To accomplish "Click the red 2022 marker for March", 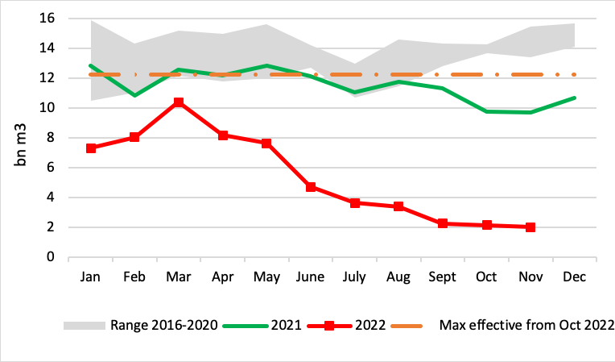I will click(x=179, y=102).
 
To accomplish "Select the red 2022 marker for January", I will click(x=91, y=148).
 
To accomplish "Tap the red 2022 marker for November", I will click(x=530, y=227).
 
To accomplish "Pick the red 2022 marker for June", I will click(x=311, y=187).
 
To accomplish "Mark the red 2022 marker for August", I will click(x=398, y=206).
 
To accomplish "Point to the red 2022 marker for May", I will click(x=266, y=144).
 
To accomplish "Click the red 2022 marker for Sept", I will click(x=443, y=223).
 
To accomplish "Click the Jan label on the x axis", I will click(x=91, y=277).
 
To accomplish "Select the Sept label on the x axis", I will click(x=443, y=277).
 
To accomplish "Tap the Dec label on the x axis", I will click(x=574, y=277).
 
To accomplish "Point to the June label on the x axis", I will click(x=311, y=277).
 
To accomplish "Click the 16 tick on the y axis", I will click(x=47, y=19).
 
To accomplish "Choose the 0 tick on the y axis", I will click(x=51, y=257).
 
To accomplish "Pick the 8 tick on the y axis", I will click(x=51, y=138).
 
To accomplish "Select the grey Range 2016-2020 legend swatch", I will click(x=84, y=326).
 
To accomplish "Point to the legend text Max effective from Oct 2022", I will click(x=527, y=326).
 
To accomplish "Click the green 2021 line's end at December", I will click(x=574, y=98).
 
